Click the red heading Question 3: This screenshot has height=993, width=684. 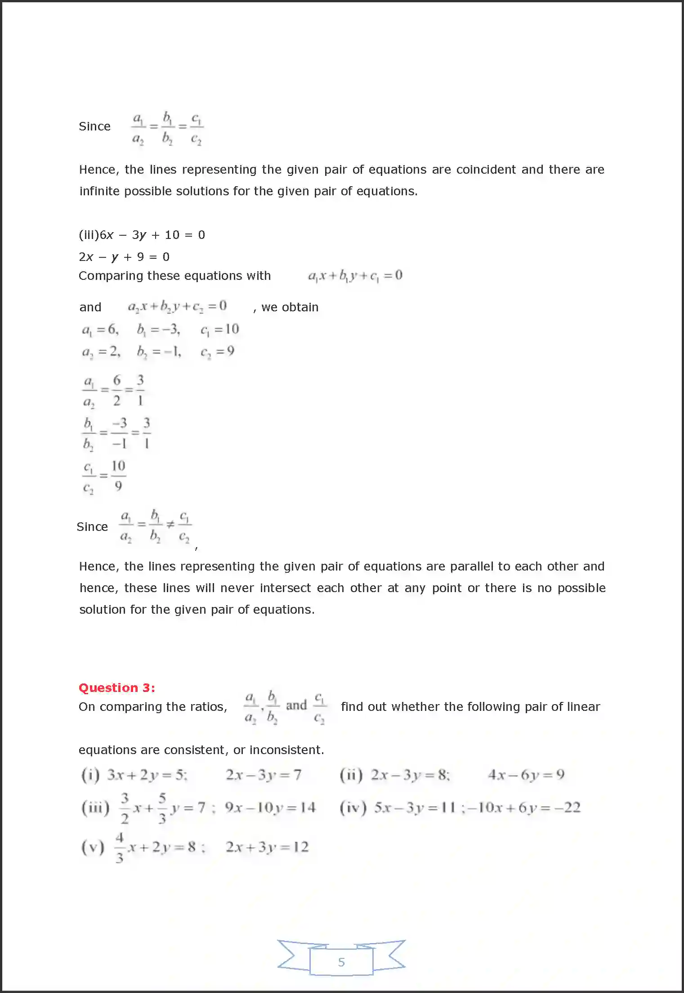116,687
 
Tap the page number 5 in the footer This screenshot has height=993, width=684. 341,962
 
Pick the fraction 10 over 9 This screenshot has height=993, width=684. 118,476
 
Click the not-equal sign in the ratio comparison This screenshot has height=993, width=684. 170,524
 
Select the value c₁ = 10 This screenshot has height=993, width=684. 219,329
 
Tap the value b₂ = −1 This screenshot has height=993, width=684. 159,351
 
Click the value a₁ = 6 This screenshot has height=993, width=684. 100,330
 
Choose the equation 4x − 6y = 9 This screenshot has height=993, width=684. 526,775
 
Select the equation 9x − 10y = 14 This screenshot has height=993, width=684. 270,808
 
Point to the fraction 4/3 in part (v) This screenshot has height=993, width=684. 119,848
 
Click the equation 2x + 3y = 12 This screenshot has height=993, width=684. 267,847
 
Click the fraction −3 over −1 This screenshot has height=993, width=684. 120,433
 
